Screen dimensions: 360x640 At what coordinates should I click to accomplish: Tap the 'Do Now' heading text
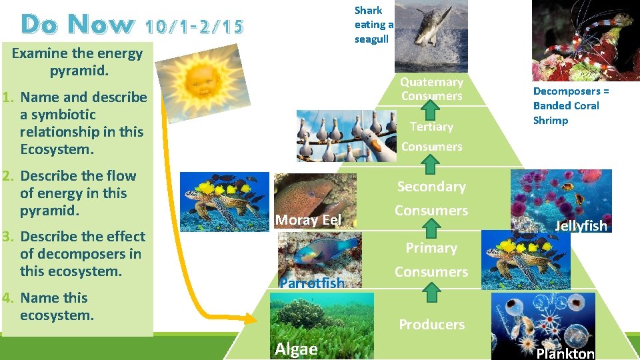click(77, 25)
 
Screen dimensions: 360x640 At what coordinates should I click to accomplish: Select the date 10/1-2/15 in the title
click(194, 26)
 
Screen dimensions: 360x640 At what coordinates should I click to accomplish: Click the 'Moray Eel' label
click(308, 220)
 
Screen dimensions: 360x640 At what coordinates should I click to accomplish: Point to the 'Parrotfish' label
click(312, 283)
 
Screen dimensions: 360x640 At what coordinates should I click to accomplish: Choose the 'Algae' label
click(296, 349)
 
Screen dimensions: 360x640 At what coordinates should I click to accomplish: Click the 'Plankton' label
click(565, 353)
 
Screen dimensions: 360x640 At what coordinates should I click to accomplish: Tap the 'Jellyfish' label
click(581, 226)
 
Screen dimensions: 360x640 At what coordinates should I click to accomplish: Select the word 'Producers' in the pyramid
click(431, 325)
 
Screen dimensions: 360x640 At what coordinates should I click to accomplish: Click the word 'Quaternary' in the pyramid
click(431, 82)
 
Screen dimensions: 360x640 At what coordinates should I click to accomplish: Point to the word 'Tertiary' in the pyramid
click(431, 127)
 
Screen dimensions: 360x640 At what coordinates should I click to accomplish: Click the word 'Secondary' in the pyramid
click(431, 187)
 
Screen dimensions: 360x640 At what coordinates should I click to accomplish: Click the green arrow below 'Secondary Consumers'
click(431, 229)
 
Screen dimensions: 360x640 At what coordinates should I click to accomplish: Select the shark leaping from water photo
click(431, 35)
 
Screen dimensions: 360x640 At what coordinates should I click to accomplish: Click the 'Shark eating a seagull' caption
click(374, 25)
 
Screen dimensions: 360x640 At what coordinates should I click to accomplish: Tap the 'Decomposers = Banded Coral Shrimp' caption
click(571, 106)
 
